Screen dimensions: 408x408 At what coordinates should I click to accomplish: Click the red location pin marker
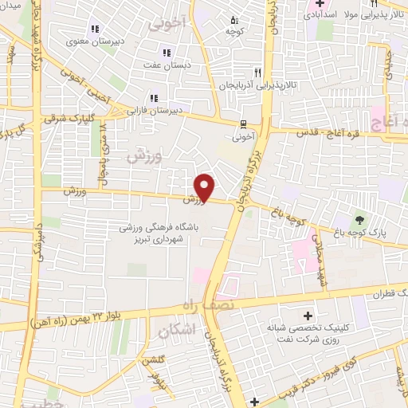[205, 186]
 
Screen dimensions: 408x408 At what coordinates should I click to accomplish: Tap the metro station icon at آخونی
[241, 124]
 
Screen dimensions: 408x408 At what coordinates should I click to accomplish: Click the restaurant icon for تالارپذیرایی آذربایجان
[257, 70]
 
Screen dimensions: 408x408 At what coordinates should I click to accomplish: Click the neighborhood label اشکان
[176, 330]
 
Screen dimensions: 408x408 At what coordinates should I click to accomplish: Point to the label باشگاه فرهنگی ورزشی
[171, 228]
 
